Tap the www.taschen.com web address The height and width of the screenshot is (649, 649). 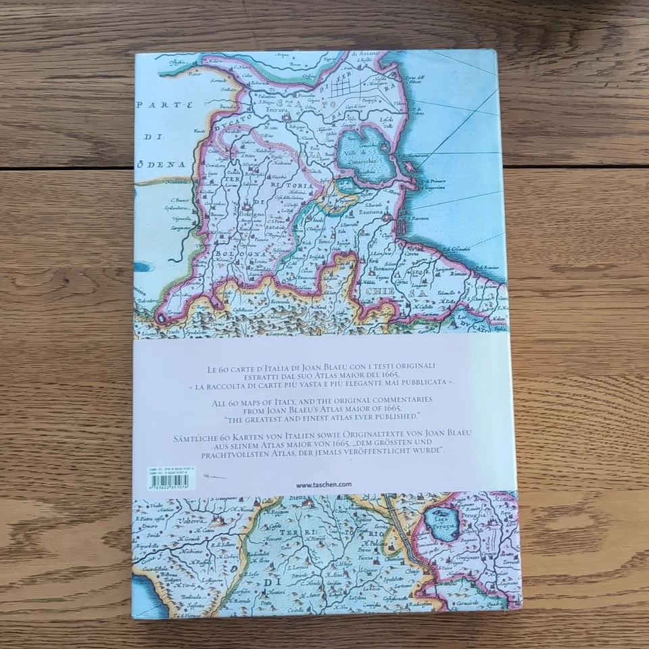324,484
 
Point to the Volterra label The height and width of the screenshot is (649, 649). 174,522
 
